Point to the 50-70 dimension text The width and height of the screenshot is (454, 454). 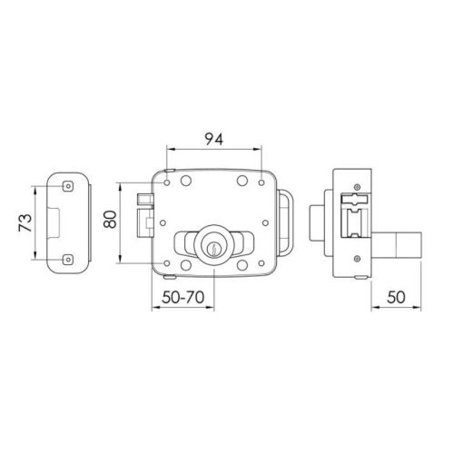(x=183, y=296)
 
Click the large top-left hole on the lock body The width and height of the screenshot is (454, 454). (x=185, y=182)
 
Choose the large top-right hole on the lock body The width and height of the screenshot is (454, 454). (x=242, y=182)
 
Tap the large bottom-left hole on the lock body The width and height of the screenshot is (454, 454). (x=185, y=264)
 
